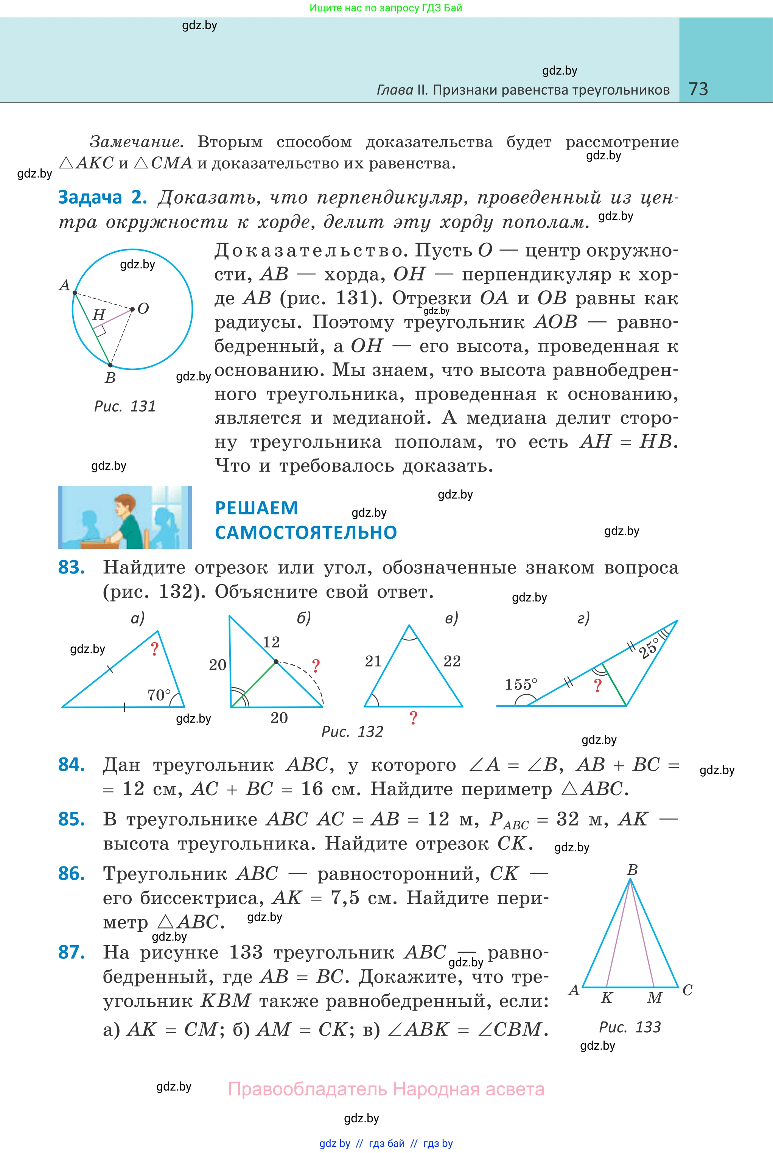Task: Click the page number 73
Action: tap(698, 89)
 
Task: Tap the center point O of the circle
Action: tap(132, 310)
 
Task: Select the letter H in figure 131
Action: tap(99, 315)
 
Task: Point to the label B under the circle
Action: tap(110, 378)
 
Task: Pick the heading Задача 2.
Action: tap(103, 197)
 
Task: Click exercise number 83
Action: tap(72, 568)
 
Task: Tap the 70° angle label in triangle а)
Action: tap(159, 695)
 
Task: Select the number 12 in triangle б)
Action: tap(271, 642)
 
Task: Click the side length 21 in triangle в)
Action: tap(373, 661)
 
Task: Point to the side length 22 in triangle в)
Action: tap(451, 661)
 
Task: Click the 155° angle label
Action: tap(521, 684)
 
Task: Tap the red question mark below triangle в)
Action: tap(414, 718)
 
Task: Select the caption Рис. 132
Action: tap(352, 731)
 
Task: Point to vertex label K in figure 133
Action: tap(607, 998)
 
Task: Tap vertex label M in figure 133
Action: tap(655, 998)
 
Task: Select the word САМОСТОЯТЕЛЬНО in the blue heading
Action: tap(306, 533)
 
